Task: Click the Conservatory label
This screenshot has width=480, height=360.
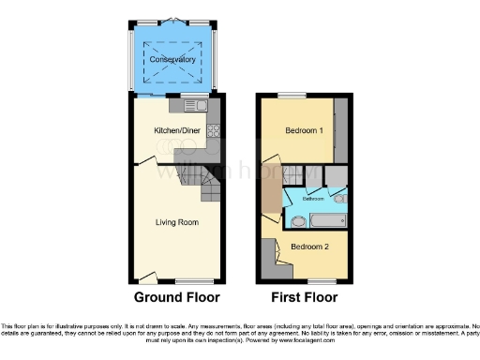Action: tap(172, 59)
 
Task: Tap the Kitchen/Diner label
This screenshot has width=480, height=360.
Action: tap(175, 131)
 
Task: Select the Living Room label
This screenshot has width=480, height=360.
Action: tap(176, 222)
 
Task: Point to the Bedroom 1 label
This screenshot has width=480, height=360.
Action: tap(305, 130)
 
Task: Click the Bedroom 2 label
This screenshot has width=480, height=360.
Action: tap(310, 247)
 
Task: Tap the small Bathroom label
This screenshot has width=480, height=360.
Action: tap(313, 199)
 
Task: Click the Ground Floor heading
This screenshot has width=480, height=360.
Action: tap(176, 297)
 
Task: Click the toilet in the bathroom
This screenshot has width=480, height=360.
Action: tap(338, 198)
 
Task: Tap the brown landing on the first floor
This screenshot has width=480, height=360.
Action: tap(271, 192)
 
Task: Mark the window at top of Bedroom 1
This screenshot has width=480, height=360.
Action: tap(292, 95)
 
